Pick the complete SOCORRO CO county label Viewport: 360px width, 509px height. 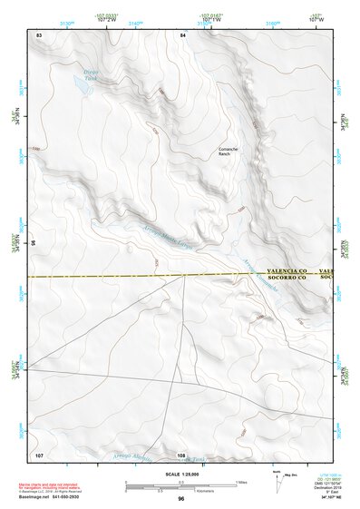pos(289,279)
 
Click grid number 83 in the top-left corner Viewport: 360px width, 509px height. pos(39,34)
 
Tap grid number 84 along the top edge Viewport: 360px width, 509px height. pos(182,34)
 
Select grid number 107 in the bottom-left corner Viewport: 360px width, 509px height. pos(39,454)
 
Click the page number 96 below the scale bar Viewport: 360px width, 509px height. pos(181,499)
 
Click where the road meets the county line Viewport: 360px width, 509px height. pos(185,276)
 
